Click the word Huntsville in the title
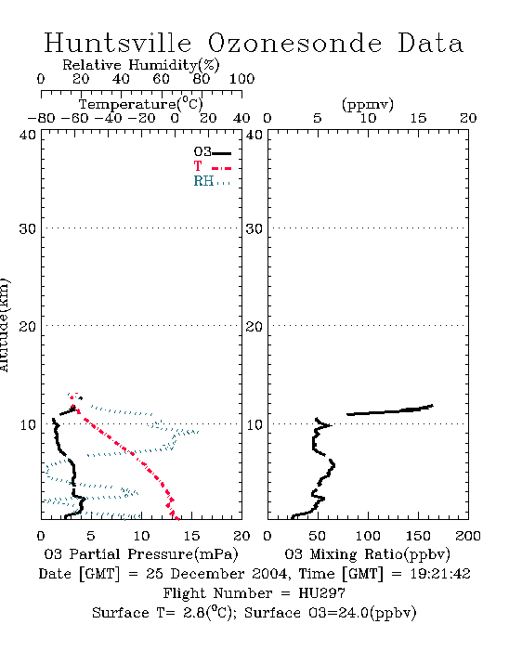tap(118, 43)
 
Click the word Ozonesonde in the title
tap(294, 43)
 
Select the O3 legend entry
tap(212, 152)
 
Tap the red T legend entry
tap(212, 166)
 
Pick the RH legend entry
tap(212, 181)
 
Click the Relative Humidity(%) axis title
tap(141, 65)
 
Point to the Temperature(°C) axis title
tap(141, 104)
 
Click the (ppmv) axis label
tap(368, 104)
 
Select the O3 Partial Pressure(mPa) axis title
tap(141, 553)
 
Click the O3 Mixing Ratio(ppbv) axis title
tap(367, 553)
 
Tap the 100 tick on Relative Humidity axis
tap(241, 79)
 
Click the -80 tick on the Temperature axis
tap(41, 118)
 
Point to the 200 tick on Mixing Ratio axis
tap(468, 536)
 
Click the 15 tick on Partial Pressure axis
tap(191, 536)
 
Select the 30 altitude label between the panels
tap(254, 228)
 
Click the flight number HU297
tap(321, 593)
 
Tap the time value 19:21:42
tap(440, 574)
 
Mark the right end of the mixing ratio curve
tap(432, 406)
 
